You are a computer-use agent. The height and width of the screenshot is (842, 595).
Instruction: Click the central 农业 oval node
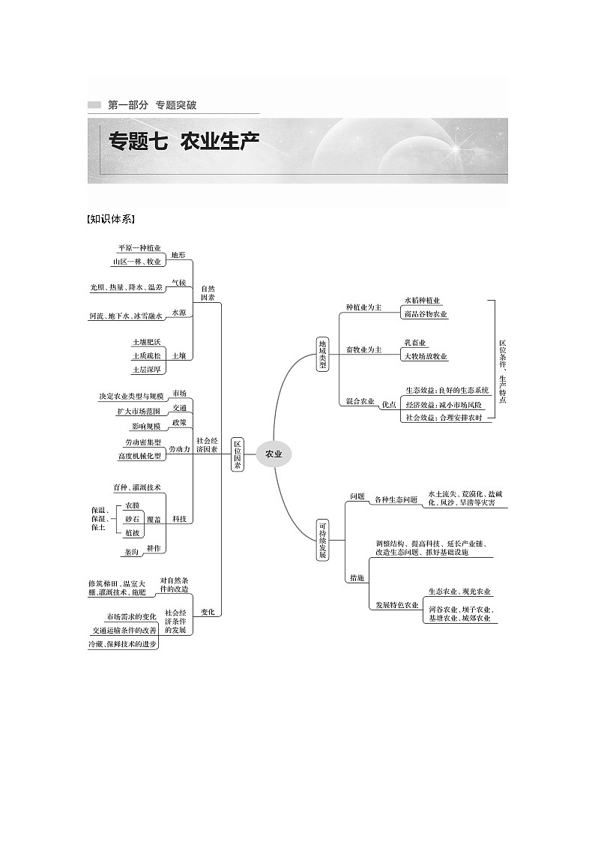coord(274,454)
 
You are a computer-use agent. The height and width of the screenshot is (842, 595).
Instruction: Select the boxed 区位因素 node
coord(238,454)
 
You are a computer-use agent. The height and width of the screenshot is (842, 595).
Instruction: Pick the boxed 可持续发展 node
coord(322,540)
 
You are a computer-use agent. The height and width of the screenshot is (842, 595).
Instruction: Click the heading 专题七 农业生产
coord(184,141)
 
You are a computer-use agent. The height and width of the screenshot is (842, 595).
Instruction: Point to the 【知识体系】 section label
coord(111,219)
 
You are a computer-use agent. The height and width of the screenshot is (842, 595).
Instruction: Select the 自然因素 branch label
coord(208,292)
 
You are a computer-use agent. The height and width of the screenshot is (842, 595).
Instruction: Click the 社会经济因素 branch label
coord(207,445)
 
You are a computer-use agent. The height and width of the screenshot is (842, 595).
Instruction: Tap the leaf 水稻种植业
coord(422,299)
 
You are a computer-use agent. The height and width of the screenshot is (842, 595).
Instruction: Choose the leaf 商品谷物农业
coord(425,314)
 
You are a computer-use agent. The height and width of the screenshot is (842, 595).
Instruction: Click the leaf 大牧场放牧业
coord(425,356)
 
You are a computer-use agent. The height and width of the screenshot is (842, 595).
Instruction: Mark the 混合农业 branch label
coord(360,402)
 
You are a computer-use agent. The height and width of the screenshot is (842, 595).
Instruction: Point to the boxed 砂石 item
coord(132,519)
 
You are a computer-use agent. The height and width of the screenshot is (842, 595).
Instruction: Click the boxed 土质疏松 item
coord(146,355)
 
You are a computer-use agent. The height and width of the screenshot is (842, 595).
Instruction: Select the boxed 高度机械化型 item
coord(139,455)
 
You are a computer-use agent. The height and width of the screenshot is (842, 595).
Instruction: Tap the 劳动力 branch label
coord(179,448)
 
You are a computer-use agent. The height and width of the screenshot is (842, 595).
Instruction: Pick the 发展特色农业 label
coord(397,604)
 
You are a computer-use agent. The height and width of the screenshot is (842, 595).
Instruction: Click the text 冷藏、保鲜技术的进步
coord(123,644)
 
